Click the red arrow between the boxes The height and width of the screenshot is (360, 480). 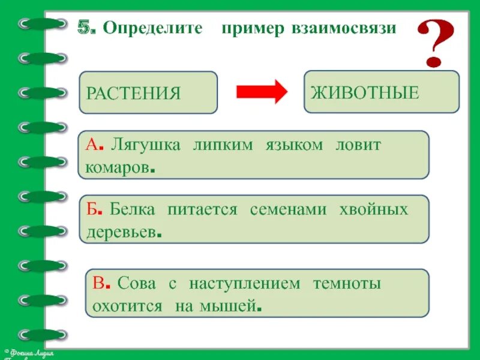[x=262, y=92]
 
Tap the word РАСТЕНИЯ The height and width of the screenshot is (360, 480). [x=133, y=94]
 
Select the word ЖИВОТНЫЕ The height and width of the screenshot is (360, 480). [x=364, y=92]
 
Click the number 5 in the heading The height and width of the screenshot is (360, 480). [x=86, y=28]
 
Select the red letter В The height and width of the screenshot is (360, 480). [x=98, y=284]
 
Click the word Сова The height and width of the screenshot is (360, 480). [x=137, y=284]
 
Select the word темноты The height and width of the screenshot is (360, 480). [x=346, y=284]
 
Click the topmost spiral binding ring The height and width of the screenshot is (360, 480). [x=42, y=24]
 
